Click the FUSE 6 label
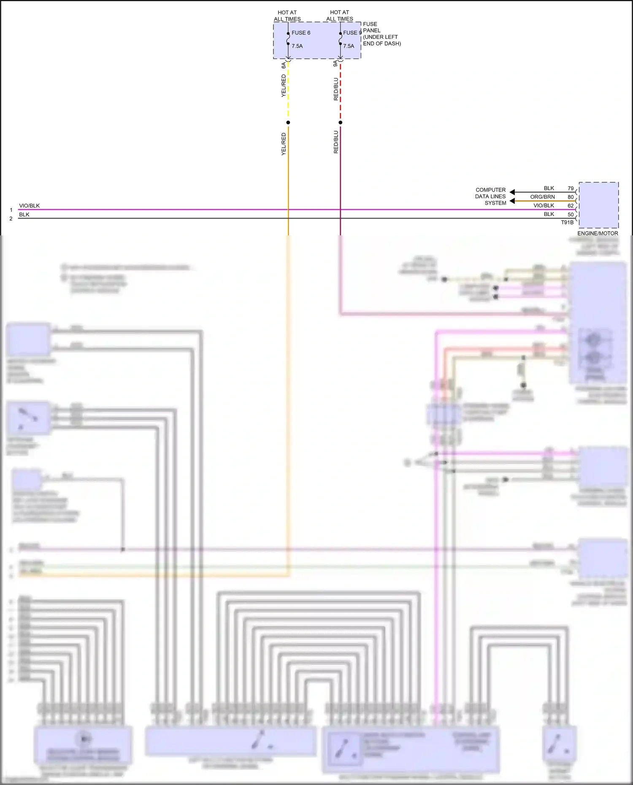tap(301, 33)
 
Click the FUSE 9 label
tap(352, 33)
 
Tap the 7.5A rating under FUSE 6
tap(297, 46)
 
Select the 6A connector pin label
tap(284, 65)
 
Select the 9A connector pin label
tap(335, 64)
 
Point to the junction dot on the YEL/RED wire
tap(288, 123)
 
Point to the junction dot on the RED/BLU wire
tap(341, 123)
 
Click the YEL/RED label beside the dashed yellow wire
tap(284, 86)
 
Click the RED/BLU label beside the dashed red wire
tap(336, 89)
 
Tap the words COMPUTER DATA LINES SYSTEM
tap(490, 197)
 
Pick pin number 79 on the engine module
tap(571, 189)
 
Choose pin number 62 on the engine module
tap(571, 206)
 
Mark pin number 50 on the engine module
tap(571, 215)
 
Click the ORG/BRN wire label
tap(542, 197)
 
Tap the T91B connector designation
tap(567, 222)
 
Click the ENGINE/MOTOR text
tap(598, 233)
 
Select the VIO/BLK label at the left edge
tap(29, 206)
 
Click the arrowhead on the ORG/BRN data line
tap(512, 201)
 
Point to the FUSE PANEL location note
tap(381, 34)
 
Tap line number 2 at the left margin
tap(11, 219)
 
